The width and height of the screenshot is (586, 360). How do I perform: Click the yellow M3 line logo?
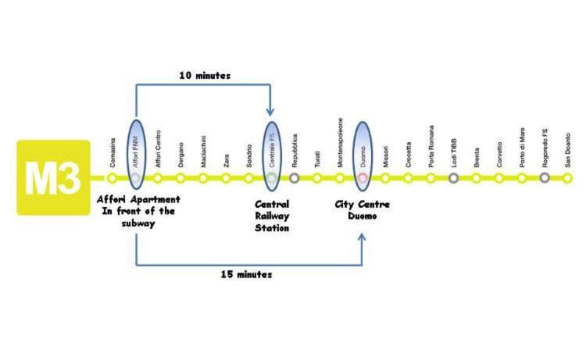click(x=53, y=179)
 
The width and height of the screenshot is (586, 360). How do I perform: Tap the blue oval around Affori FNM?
click(x=136, y=154)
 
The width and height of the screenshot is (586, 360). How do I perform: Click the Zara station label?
click(x=227, y=161)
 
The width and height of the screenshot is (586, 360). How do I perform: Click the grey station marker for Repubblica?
click(x=295, y=178)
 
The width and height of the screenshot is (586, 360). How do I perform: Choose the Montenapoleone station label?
click(x=340, y=144)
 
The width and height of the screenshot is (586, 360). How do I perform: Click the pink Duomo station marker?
click(x=363, y=178)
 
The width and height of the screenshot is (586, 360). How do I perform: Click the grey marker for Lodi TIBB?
click(x=454, y=178)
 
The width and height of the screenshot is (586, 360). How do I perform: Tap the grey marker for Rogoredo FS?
click(x=545, y=178)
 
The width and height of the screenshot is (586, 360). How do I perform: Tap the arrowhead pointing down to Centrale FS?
click(x=271, y=112)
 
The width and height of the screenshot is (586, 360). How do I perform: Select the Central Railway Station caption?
click(x=272, y=216)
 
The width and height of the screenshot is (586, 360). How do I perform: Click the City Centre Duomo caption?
click(x=363, y=209)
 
